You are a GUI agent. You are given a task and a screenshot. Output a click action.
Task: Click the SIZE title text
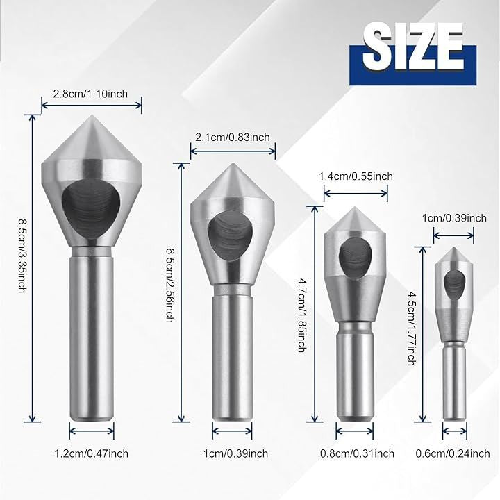click(412, 47)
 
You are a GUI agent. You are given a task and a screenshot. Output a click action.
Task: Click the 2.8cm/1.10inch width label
click(90, 94)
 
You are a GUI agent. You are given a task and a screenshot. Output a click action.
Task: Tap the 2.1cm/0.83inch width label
click(233, 137)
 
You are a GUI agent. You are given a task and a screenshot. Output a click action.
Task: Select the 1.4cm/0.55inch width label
click(356, 176)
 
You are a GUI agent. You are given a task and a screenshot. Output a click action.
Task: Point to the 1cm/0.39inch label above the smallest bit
click(454, 218)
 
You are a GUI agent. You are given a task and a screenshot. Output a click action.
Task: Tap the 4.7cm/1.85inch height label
click(302, 315)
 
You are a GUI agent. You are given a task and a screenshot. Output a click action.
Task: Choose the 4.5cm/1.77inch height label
click(412, 328)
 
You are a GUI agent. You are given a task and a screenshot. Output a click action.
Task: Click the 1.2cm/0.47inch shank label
click(92, 453)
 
